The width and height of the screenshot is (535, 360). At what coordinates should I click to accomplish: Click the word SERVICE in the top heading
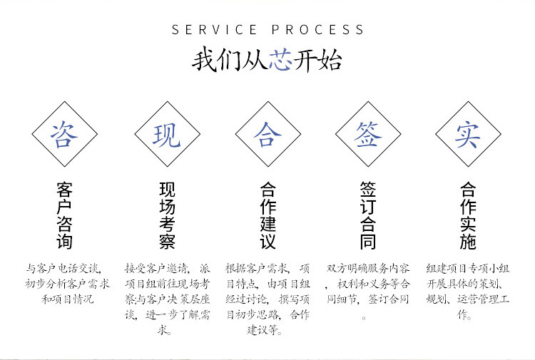click(215, 30)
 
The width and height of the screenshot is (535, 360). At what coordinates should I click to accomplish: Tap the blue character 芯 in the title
click(280, 60)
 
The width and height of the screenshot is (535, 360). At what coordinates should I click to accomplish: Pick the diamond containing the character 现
click(166, 133)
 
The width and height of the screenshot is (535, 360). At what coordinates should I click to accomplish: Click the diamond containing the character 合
click(267, 133)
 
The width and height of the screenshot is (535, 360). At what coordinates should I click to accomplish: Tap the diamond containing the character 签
click(368, 133)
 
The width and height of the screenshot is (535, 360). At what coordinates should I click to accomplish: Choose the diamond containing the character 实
click(468, 133)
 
